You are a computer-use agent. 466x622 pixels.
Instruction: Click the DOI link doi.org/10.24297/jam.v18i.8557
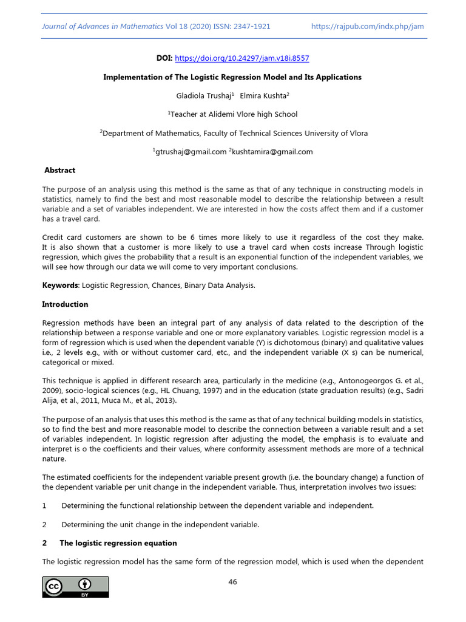pos(241,58)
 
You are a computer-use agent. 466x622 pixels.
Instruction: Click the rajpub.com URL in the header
pos(367,26)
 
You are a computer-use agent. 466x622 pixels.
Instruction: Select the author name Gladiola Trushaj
pos(201,95)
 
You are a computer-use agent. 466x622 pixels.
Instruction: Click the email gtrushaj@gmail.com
pos(190,152)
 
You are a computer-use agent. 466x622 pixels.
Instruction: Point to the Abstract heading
pos(60,171)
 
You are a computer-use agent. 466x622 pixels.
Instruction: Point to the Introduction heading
pos(65,304)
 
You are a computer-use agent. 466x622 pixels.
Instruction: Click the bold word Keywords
pos(60,285)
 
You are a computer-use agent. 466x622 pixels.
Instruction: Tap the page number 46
pos(232,582)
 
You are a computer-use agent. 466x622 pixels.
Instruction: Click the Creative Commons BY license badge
pos(75,587)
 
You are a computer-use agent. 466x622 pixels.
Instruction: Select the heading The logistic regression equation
pos(118,543)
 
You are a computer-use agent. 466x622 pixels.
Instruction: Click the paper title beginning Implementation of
pos(232,77)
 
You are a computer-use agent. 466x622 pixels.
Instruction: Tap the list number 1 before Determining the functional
pos(44,505)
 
